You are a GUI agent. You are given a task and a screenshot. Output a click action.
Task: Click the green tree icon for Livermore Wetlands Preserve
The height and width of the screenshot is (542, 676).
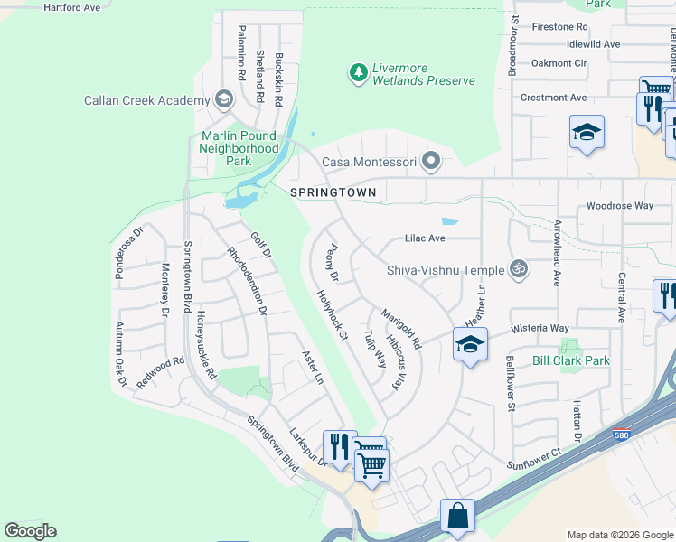tap(359, 71)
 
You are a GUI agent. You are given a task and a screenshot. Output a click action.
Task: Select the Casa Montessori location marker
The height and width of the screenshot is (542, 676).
tap(432, 163)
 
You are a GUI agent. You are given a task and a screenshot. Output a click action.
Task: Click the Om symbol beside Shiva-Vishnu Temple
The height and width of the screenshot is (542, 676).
tap(519, 268)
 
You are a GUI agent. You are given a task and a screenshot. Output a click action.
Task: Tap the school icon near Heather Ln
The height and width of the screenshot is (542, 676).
tap(470, 344)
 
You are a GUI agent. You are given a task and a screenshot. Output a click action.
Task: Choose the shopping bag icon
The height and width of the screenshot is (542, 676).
tap(458, 517)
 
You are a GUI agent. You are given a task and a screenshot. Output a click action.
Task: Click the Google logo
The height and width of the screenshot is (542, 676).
tap(30, 531)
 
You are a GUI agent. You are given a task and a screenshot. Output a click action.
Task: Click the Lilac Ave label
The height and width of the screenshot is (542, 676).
tap(426, 238)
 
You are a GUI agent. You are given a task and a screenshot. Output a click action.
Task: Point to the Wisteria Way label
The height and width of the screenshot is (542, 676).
tap(540, 328)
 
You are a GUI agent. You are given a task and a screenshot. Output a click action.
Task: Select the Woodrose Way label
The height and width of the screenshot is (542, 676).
tap(619, 206)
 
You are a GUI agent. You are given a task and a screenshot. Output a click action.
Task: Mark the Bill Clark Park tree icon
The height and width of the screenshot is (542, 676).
tap(569, 346)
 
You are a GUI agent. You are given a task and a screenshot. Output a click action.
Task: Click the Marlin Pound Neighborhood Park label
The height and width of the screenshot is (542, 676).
tap(239, 148)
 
